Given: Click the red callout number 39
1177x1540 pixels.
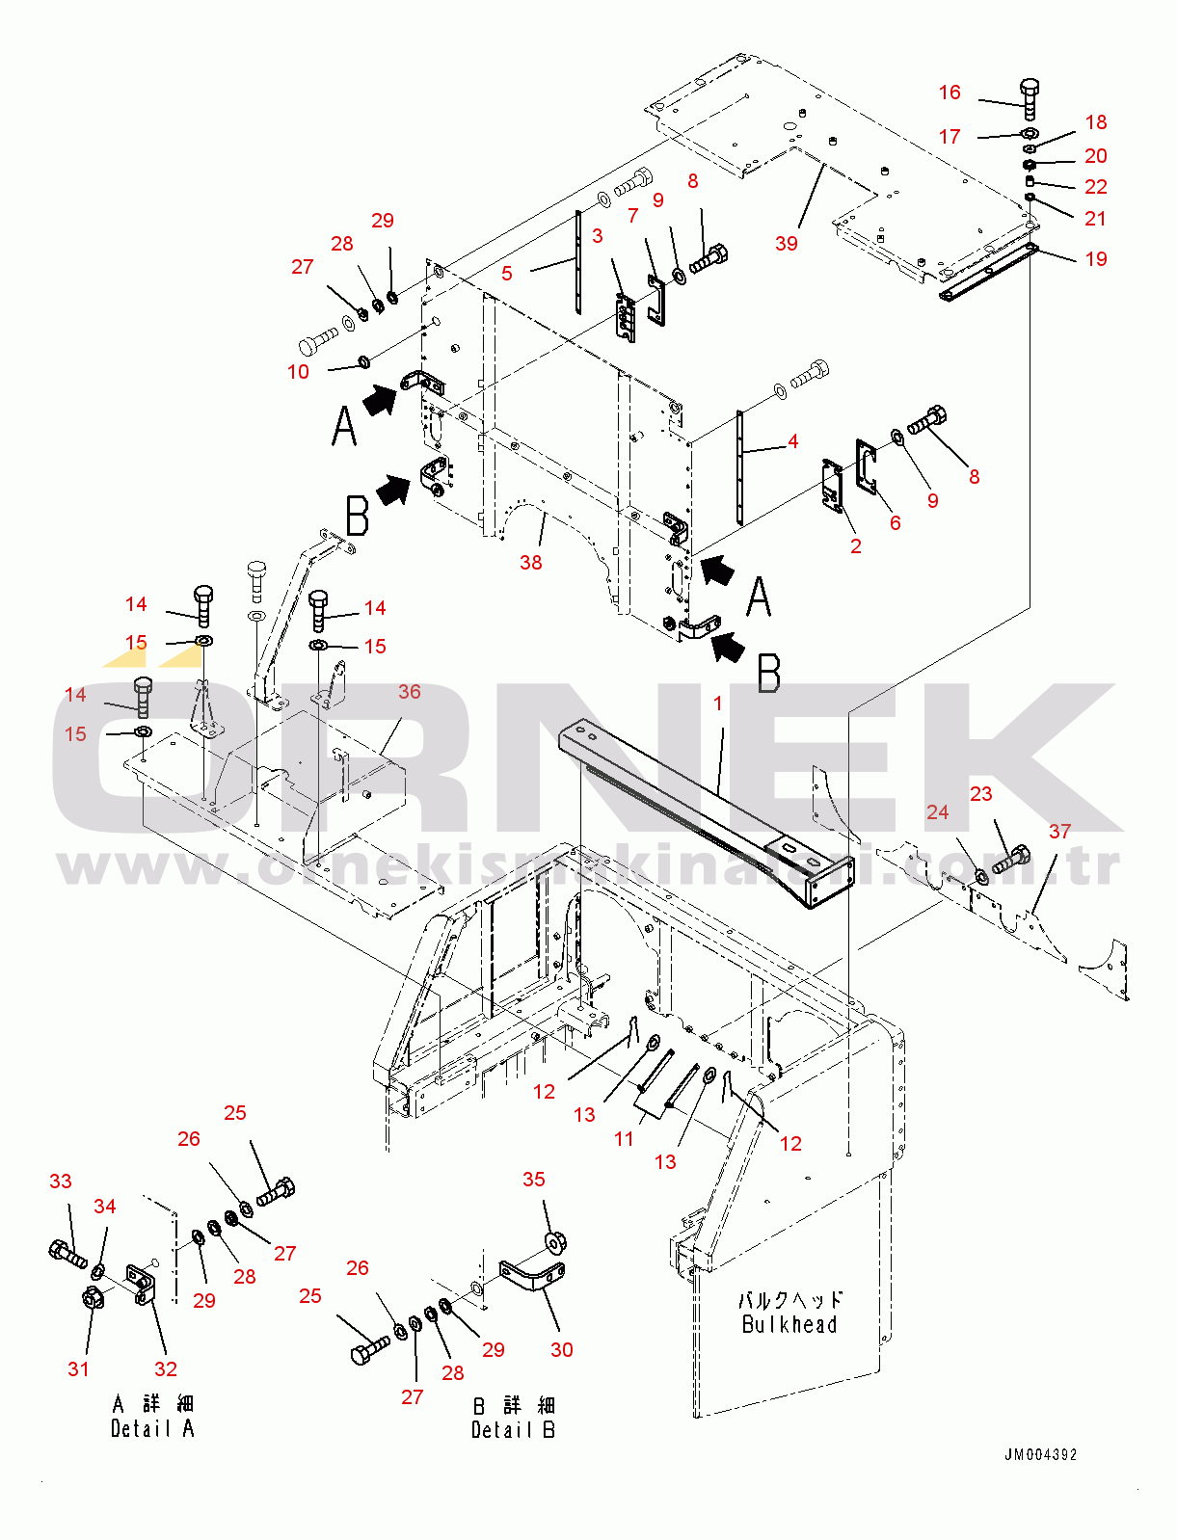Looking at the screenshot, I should click(x=787, y=244).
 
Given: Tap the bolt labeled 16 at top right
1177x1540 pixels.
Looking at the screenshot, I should click(x=1030, y=99).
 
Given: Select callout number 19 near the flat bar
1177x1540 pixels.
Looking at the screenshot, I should click(x=1096, y=259).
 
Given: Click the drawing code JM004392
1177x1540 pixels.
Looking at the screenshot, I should click(x=1041, y=1455).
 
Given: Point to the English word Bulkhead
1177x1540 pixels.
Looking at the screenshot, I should click(x=789, y=1325).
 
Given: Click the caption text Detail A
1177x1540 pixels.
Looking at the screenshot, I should click(x=152, y=1429).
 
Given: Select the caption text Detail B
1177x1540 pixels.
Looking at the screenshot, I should click(x=513, y=1430).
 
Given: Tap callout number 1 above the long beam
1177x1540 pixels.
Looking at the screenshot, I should click(x=718, y=704).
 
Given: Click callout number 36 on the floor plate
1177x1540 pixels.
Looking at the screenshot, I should click(x=410, y=692).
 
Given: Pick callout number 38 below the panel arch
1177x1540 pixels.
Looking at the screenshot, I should click(x=531, y=563).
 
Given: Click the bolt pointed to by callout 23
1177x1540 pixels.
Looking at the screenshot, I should click(x=1011, y=858).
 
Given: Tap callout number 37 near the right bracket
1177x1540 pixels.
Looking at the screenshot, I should click(x=1059, y=831).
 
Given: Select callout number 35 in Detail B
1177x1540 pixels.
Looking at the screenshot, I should click(x=534, y=1180).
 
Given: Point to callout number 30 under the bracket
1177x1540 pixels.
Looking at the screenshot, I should click(x=562, y=1350).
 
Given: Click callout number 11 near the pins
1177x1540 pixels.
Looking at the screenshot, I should click(x=625, y=1139).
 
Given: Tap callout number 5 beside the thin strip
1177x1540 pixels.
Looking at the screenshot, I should click(x=507, y=274).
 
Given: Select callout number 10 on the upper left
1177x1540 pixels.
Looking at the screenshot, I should click(x=299, y=372).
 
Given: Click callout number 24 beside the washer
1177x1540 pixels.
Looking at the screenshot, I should click(x=938, y=812).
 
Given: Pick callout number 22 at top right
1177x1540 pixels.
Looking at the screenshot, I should click(x=1096, y=187).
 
